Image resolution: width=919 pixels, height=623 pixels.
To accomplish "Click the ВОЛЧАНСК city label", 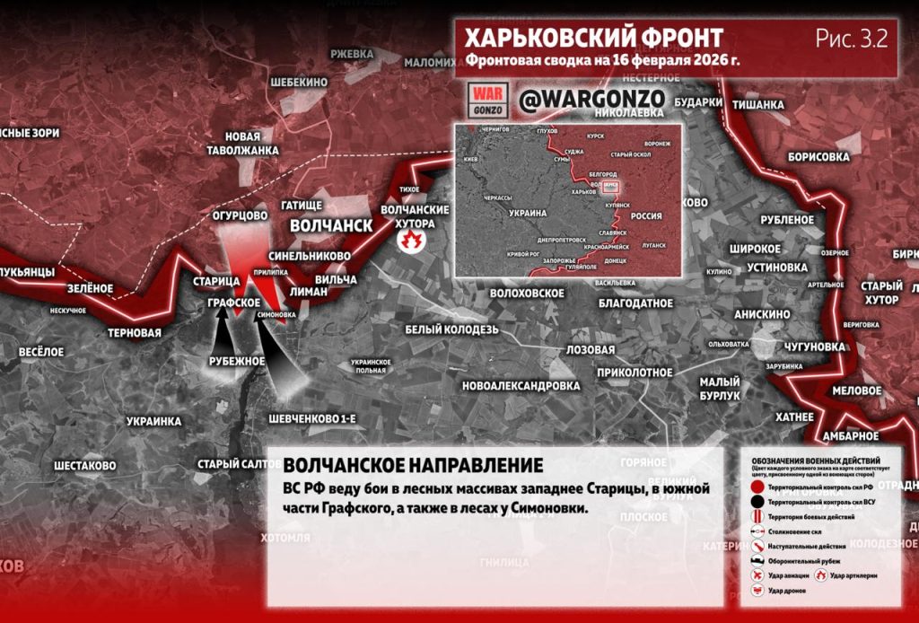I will coord(330,224).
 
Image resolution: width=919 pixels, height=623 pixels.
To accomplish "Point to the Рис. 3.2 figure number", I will coord(852,39).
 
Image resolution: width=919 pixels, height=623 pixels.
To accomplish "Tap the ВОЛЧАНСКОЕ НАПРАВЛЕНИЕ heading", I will coord(413,466).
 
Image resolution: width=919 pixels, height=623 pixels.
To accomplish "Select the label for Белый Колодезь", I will coord(451,329).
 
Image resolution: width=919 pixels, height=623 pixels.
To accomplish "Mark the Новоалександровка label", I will coord(521,386).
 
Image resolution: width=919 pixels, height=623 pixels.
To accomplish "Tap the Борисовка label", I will coord(818,156).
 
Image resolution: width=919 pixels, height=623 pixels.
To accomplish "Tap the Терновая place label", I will coord(134,333).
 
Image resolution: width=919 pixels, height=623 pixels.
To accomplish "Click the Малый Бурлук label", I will coord(720,389).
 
